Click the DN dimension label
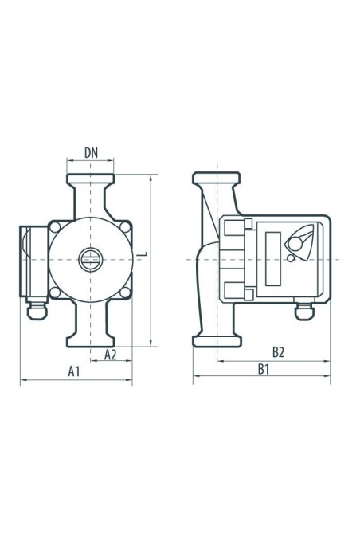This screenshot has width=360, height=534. point(91,153)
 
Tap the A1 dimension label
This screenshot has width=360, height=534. point(73,371)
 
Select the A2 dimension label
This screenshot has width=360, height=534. point(110,355)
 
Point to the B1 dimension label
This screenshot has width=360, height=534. point(264,369)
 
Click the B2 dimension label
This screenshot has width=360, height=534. point(278,352)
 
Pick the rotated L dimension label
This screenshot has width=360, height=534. point(144,253)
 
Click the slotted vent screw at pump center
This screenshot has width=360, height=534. point(90,260)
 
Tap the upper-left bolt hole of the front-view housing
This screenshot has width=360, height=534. point(55,227)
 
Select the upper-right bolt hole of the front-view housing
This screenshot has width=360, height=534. point(125,227)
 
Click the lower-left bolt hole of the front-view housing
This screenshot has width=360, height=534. point(55,293)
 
